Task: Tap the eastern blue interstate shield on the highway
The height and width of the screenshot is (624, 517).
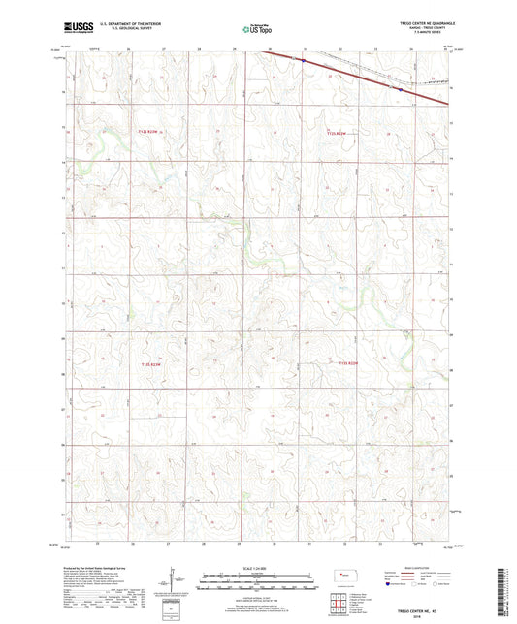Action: tap(397, 88)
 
